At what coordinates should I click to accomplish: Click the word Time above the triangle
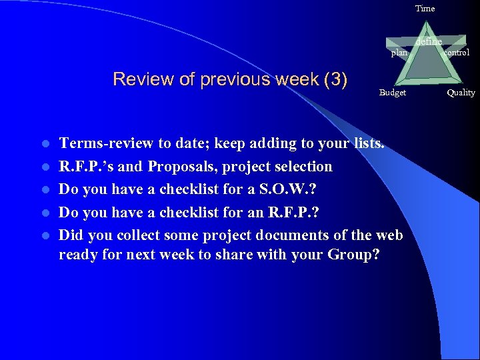pyautogui.click(x=425, y=9)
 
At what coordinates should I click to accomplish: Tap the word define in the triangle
pyautogui.click(x=429, y=41)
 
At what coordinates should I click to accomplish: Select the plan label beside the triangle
pyautogui.click(x=399, y=53)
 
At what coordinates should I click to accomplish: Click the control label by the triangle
pyautogui.click(x=457, y=52)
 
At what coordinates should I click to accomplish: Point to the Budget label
pyautogui.click(x=392, y=93)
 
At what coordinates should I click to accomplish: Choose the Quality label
pyautogui.click(x=461, y=93)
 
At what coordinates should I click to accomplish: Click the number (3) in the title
pyautogui.click(x=335, y=79)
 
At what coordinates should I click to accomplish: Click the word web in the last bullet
pyautogui.click(x=390, y=235)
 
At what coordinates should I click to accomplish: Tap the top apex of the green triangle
pyautogui.click(x=427, y=29)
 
